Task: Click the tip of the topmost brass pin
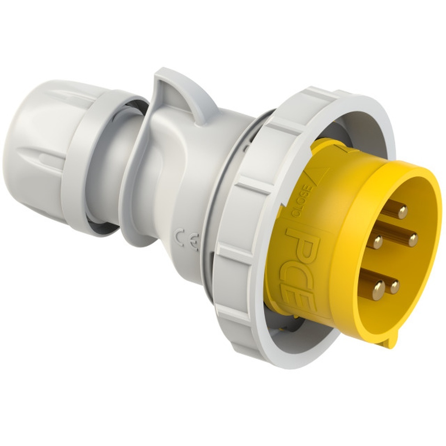tap(402, 211)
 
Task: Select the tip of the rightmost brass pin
tap(413, 240)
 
